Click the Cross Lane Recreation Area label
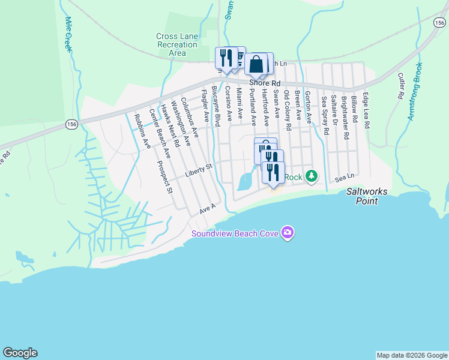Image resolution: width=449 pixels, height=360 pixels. (177, 44)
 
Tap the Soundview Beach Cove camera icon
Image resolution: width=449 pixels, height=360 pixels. (288, 232)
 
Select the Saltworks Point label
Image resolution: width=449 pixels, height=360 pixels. (367, 196)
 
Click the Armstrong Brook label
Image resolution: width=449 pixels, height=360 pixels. (415, 91)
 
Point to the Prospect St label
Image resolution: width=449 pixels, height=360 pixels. (164, 177)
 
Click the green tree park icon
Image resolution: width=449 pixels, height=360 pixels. (311, 176)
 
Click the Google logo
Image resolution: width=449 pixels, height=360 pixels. (20, 353)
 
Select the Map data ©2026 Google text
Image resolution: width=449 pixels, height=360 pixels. (412, 355)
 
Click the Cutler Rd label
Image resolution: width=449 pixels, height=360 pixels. (400, 86)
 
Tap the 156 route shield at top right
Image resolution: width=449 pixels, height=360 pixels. (439, 22)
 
